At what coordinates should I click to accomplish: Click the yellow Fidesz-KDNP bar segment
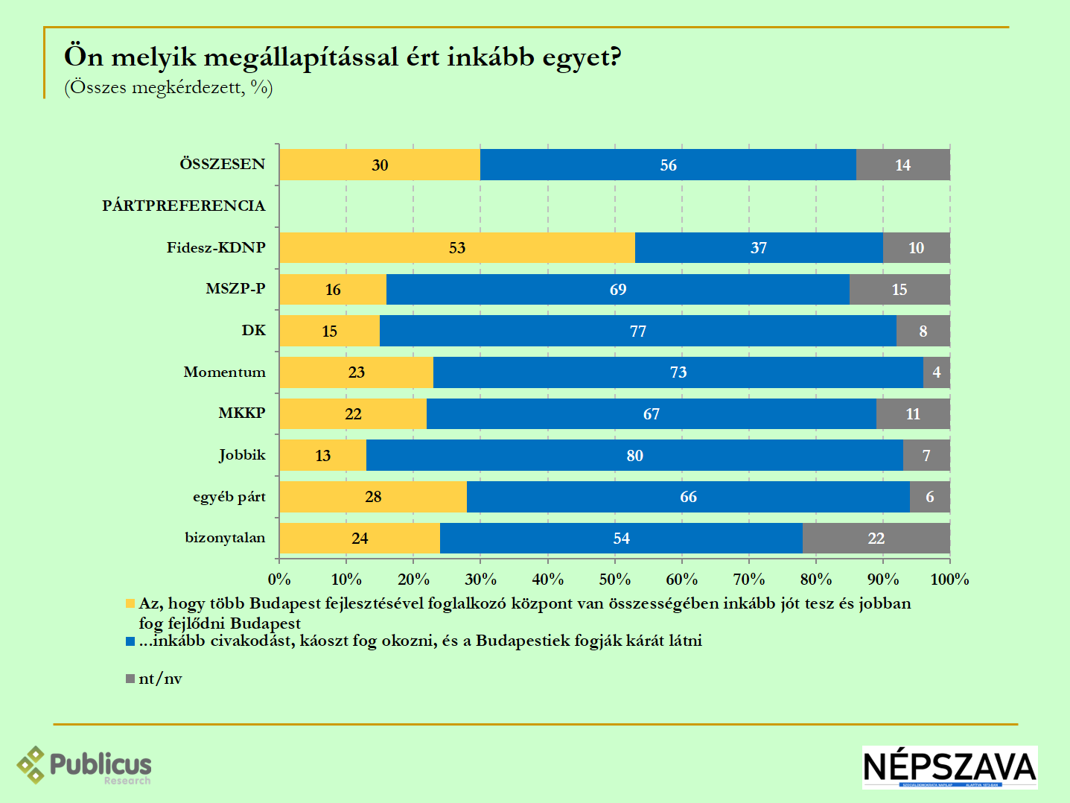point(456,248)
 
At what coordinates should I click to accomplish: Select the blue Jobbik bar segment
point(634,455)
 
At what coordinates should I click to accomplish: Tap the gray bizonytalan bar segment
point(876,538)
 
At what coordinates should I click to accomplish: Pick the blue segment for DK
point(637,331)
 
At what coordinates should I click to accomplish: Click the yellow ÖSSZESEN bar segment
point(380,165)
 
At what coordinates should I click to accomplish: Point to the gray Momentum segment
point(936,372)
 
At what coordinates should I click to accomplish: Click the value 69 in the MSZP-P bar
point(618,290)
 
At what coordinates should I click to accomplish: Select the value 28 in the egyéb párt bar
point(373,497)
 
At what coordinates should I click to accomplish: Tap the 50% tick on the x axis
point(615,580)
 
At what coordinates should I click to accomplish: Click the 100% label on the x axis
point(949,580)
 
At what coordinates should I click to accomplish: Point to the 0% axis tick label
point(279,580)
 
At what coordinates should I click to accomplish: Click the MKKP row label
point(241,413)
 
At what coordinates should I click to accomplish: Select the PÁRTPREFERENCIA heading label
point(183,206)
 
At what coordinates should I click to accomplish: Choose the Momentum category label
point(224,372)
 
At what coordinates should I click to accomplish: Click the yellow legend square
point(130,603)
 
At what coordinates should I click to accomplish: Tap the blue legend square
point(130,641)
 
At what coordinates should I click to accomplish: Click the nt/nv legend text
point(160,679)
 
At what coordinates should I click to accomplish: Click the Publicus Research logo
point(84,765)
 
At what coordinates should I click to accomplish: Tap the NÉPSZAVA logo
point(949,767)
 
